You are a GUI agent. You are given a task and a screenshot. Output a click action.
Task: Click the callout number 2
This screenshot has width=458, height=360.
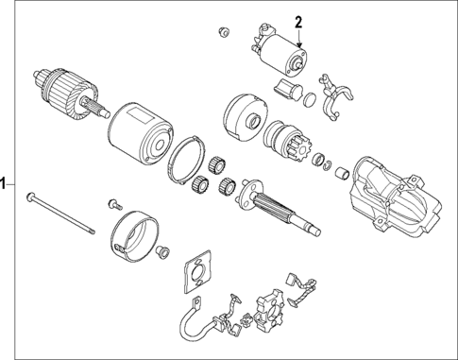pos(299,21)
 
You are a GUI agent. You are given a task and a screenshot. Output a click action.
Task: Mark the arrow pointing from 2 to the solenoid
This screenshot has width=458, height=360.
pos(298,39)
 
